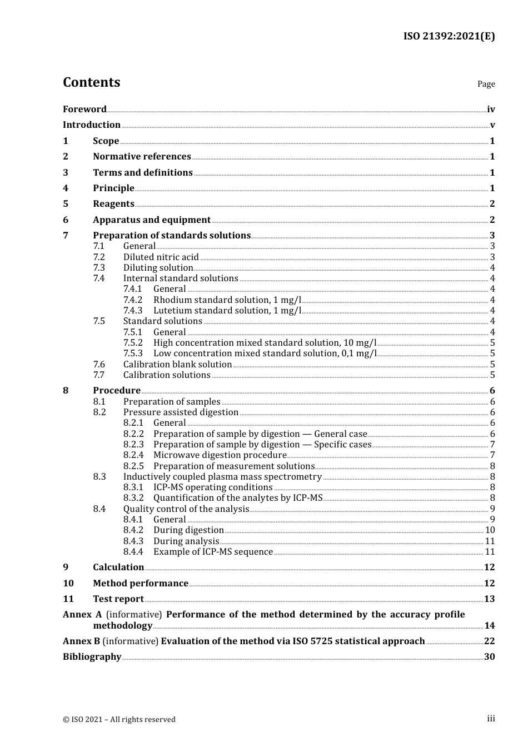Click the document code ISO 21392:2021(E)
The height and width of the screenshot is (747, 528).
coord(449,36)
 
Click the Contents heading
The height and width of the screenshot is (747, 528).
coord(91,82)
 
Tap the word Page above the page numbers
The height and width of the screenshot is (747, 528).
coord(486,84)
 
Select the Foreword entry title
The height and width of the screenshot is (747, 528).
coord(84,109)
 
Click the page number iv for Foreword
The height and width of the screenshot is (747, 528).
coord(491,109)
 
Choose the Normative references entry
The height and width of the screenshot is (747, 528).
coord(142,157)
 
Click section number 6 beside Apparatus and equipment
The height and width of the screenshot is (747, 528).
coord(66,220)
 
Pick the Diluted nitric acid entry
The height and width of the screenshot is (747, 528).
coord(161,257)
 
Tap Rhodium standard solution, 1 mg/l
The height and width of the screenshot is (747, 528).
coord(227,300)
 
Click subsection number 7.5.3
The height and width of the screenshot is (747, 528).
coord(133,353)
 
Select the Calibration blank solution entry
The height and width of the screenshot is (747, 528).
coord(177,365)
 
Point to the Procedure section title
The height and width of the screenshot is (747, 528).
coord(117,391)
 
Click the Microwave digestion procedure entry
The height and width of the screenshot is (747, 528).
coord(220,455)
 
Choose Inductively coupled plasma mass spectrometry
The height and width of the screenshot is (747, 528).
coord(222,477)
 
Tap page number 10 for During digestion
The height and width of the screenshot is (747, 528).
coord(490,530)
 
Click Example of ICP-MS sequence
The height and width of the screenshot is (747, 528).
coord(213,552)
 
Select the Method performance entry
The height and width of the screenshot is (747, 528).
coord(141,584)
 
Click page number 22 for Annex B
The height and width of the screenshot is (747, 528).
coord(489,641)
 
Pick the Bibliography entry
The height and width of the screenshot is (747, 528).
coord(92,657)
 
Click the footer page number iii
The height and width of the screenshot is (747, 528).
coord(491,719)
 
